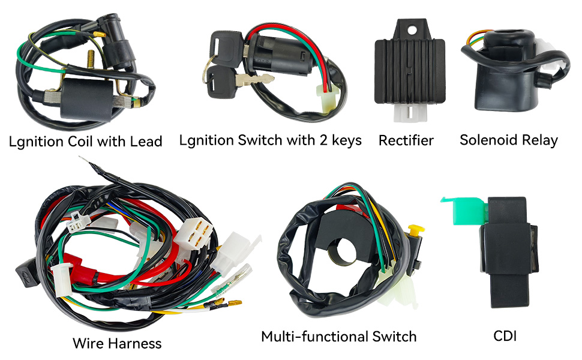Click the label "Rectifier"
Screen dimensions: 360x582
tap(406, 141)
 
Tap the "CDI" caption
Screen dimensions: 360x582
tap(505, 335)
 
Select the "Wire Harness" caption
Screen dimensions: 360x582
tap(117, 343)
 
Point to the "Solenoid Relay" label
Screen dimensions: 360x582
tap(508, 140)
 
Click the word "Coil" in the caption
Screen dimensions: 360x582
tap(96, 142)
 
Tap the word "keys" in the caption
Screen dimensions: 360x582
tap(344, 140)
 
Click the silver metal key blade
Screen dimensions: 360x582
tap(256, 79)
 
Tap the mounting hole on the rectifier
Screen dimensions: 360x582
tap(412, 27)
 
